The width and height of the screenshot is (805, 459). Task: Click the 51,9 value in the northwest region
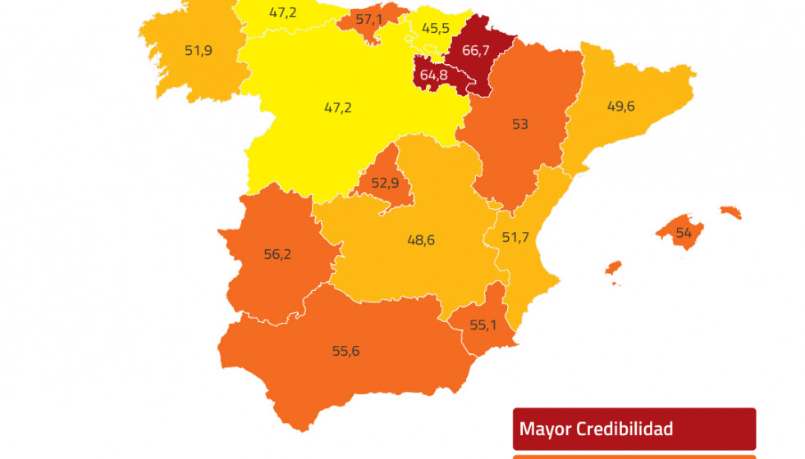click(199, 50)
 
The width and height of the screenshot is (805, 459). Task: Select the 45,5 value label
click(436, 28)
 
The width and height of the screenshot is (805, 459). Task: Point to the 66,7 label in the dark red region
click(477, 51)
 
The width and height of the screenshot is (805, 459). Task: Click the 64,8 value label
click(433, 75)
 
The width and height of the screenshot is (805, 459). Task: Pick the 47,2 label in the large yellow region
click(338, 107)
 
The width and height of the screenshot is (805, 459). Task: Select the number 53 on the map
click(519, 125)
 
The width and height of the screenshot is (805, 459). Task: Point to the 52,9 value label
click(385, 183)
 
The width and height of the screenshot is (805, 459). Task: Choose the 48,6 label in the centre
click(421, 240)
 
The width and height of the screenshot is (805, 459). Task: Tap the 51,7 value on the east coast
click(515, 237)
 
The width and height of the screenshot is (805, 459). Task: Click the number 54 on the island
click(683, 234)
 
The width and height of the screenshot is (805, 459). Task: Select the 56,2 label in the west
click(277, 254)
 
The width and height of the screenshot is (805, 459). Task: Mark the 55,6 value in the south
click(345, 351)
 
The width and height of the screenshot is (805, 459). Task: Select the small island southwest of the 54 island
click(613, 267)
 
